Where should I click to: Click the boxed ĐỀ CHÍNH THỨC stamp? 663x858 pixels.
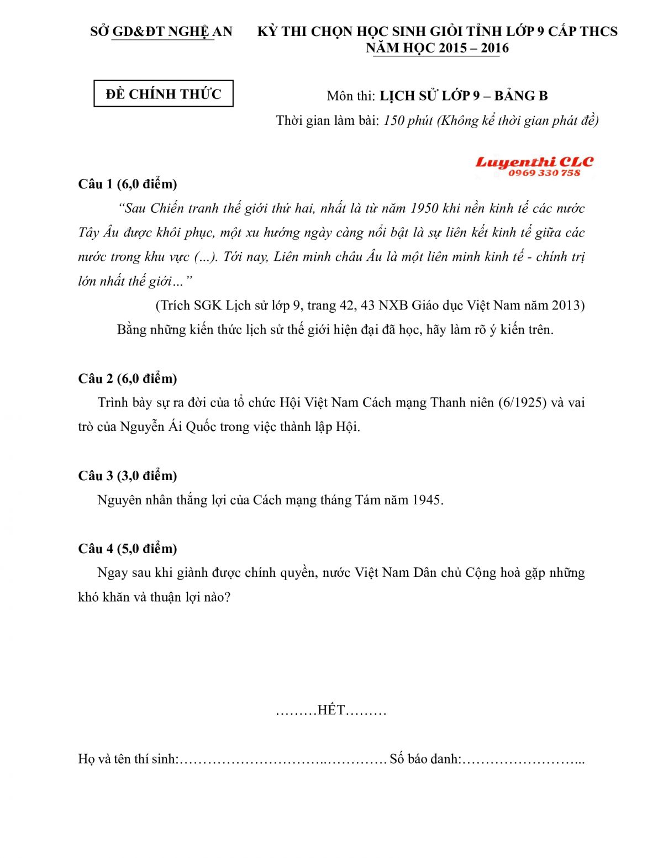click(164, 94)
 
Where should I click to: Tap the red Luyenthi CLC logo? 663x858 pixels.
click(534, 162)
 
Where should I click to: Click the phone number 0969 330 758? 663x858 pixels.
click(544, 173)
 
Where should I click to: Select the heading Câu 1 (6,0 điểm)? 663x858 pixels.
click(128, 183)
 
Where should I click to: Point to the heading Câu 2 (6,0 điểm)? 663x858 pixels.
click(128, 378)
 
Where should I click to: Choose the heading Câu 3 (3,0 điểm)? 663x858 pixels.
click(128, 476)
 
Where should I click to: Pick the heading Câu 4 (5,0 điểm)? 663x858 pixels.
click(128, 549)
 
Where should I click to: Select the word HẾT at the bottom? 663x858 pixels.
click(331, 710)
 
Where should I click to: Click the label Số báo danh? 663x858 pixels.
click(424, 759)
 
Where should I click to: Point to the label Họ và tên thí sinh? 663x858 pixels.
click(128, 759)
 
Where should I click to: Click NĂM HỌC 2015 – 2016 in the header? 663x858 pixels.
click(437, 48)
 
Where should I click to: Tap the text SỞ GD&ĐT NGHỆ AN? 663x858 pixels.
click(161, 31)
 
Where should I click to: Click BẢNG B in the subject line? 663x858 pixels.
click(521, 96)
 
